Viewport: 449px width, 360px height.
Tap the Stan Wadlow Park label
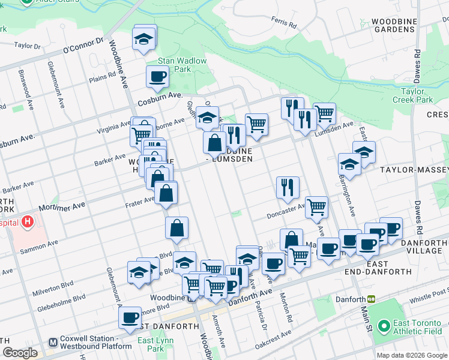click(174, 65)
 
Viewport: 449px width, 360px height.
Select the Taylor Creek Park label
click(417, 95)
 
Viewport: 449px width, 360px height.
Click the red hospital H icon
click(28, 223)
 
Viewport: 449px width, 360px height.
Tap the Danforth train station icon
click(372, 299)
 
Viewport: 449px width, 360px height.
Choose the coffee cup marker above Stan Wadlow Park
click(157, 76)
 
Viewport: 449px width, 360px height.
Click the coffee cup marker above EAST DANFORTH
click(130, 318)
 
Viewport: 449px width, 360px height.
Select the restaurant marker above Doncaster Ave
click(288, 187)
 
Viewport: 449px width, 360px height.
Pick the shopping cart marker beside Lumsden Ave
click(324, 112)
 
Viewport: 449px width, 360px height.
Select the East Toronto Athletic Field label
click(417, 327)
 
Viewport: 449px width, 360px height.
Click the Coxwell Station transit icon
click(53, 343)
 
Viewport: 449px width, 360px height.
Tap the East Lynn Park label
click(151, 344)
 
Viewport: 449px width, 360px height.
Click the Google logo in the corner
click(20, 353)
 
